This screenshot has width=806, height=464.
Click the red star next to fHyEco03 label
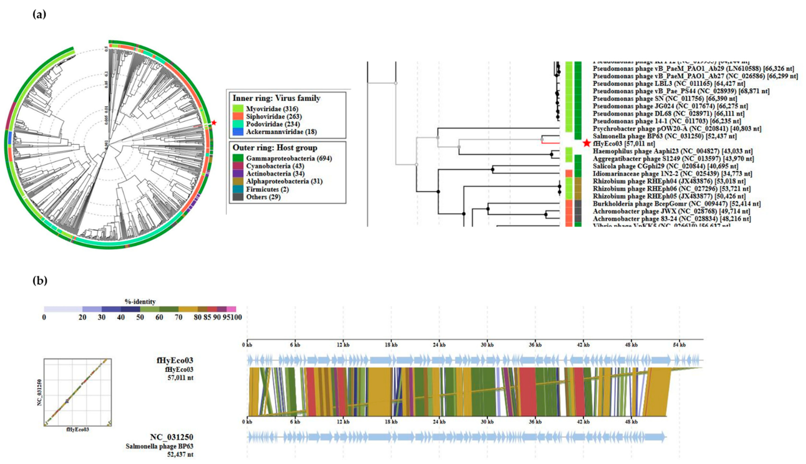point(587,143)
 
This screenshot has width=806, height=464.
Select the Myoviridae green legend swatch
point(238,109)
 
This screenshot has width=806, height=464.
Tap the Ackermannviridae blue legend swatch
point(238,132)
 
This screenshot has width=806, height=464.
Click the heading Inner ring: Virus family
point(276,98)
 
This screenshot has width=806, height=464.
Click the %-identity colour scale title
point(140,301)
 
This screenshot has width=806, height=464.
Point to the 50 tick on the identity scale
point(140,317)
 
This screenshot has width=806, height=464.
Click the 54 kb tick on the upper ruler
point(679,345)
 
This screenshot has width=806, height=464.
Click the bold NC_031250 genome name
point(172,437)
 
